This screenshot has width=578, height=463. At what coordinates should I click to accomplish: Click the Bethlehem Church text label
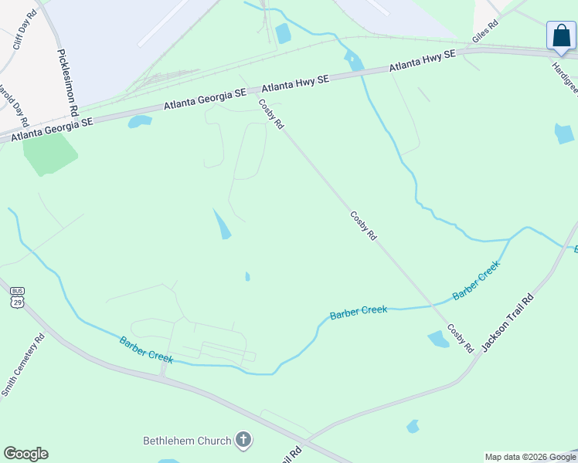[187, 441]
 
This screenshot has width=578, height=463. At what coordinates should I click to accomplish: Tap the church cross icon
[243, 441]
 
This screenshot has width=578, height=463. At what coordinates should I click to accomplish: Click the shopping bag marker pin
[561, 35]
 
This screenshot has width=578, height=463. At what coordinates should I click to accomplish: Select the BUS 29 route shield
[18, 297]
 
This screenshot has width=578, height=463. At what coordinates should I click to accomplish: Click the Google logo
[25, 454]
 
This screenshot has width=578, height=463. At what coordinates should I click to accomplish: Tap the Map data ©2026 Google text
[530, 457]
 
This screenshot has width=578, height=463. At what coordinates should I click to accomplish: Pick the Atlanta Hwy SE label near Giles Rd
[423, 61]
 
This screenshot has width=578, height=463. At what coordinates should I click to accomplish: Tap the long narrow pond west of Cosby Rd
[221, 224]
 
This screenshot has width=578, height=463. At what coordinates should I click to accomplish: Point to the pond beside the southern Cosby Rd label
[438, 339]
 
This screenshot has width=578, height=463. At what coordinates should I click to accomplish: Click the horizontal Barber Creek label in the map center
[358, 312]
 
